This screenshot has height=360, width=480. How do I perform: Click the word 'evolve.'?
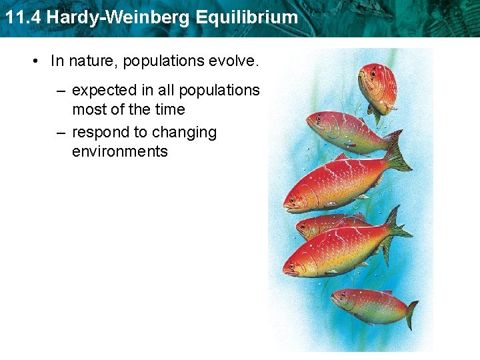233,61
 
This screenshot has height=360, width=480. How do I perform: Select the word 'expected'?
101,91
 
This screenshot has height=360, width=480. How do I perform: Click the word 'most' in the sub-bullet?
89,109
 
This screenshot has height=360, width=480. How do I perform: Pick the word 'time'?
169,109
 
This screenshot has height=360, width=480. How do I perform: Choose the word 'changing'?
184,133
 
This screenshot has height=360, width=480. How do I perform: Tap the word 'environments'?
120,151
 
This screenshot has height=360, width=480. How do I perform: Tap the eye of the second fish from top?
318,119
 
